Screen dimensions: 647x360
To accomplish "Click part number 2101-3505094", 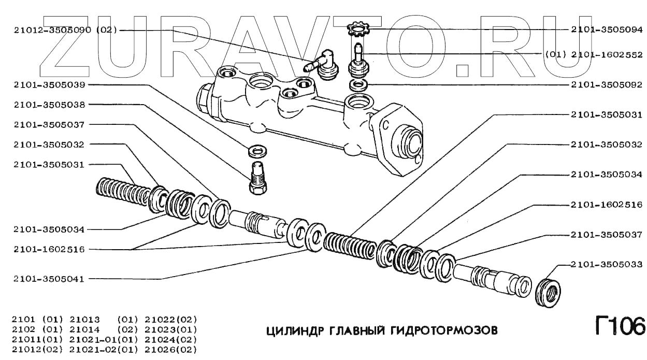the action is [x=606, y=30].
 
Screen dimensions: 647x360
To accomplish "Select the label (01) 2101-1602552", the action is [x=594, y=54].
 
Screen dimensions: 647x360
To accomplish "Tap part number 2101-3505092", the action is [x=606, y=84].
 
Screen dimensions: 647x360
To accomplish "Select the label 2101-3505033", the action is [x=606, y=264].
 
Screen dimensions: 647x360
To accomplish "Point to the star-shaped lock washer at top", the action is [x=357, y=28].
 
